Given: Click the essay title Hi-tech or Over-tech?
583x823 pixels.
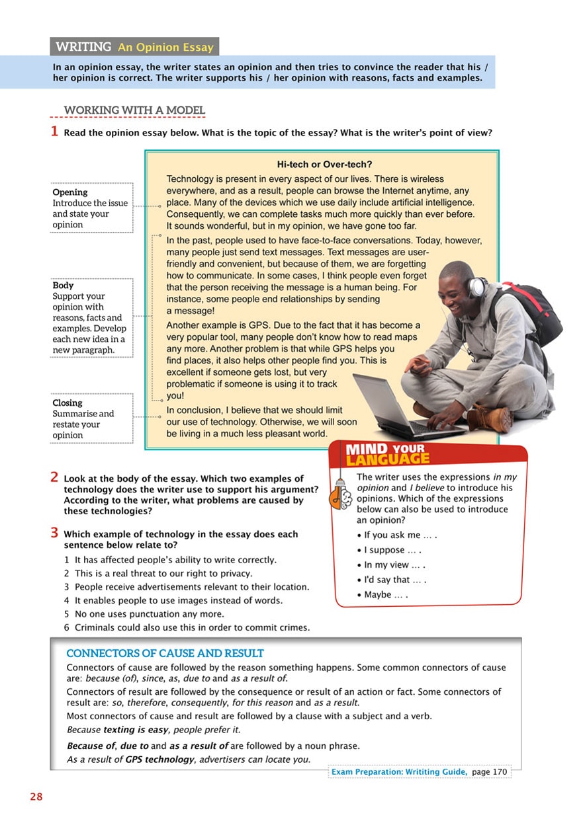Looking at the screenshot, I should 324,164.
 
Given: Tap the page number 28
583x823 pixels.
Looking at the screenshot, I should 36,797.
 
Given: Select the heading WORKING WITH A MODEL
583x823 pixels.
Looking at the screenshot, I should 134,110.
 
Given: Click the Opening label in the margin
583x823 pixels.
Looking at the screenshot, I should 70,192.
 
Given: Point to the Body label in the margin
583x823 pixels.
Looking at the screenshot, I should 64,286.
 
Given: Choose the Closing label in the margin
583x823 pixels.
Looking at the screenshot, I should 67,403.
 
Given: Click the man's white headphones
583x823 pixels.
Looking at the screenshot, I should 476,287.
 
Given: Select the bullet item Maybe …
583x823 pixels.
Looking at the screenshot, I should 386,595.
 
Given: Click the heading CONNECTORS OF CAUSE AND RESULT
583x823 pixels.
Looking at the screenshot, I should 165,654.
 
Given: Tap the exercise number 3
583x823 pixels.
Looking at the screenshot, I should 55,533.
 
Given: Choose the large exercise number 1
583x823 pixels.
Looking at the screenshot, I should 55,131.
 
